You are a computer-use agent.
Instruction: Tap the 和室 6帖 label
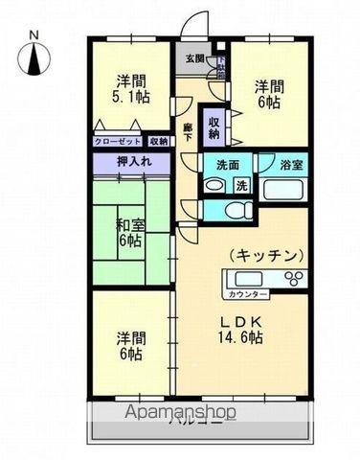(131, 233)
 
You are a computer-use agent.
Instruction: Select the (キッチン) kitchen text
(265, 256)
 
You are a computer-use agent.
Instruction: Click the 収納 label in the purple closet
(214, 127)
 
